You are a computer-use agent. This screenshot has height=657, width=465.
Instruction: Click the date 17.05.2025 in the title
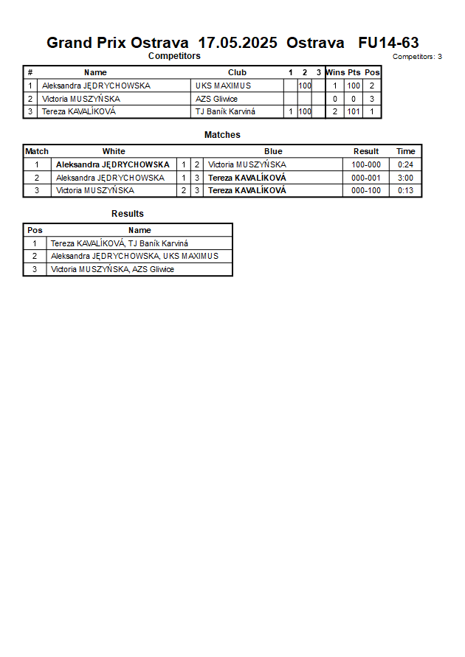point(238,43)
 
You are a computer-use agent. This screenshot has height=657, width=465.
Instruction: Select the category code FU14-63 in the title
point(388,43)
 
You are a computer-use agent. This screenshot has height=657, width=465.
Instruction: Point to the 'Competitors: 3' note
point(417,57)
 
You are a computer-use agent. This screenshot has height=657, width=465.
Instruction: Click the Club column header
point(237,72)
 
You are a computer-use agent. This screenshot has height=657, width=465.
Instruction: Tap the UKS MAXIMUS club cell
point(223,86)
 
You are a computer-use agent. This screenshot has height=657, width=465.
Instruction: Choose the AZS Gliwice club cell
point(216,99)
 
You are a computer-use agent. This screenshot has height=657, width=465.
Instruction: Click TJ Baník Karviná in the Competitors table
point(225,112)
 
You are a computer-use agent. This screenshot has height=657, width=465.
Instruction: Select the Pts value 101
point(354,112)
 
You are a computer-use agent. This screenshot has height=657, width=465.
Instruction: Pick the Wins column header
point(335,72)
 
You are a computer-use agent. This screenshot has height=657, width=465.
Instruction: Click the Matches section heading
point(222,135)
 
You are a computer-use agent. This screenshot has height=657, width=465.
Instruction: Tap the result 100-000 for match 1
point(366,164)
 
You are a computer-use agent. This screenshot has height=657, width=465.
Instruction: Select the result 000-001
point(366,178)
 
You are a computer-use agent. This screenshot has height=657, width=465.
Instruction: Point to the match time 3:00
point(405,178)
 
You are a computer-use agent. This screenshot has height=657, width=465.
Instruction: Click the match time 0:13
point(405,191)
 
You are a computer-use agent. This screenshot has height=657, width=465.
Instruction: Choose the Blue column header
point(273,151)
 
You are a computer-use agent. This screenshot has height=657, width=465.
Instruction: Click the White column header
point(114,151)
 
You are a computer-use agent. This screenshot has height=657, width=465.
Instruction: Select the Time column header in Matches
point(405,151)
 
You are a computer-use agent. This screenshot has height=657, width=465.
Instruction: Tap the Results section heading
point(127,214)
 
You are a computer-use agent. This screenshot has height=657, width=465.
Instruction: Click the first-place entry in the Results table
point(120,243)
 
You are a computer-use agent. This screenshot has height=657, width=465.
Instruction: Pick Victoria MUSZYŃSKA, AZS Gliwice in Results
point(112,270)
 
